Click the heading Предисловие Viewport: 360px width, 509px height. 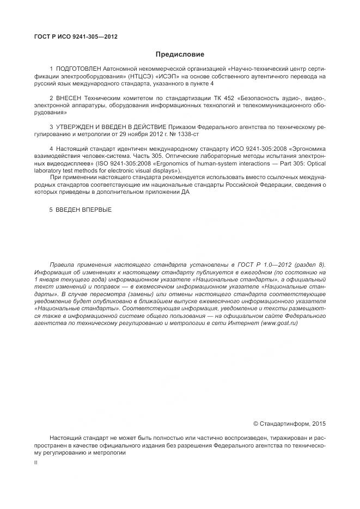[180, 54]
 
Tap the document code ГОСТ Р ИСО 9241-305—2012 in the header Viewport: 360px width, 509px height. [76, 37]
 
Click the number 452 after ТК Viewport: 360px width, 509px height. [228, 97]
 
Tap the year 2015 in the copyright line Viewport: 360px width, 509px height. [318, 423]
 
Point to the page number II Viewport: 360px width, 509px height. [35, 462]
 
